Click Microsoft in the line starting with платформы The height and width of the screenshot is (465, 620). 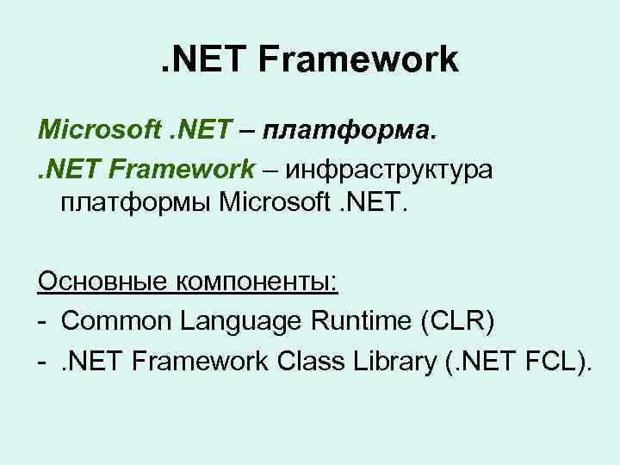[276, 206]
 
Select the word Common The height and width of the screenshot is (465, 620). [116, 322]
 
